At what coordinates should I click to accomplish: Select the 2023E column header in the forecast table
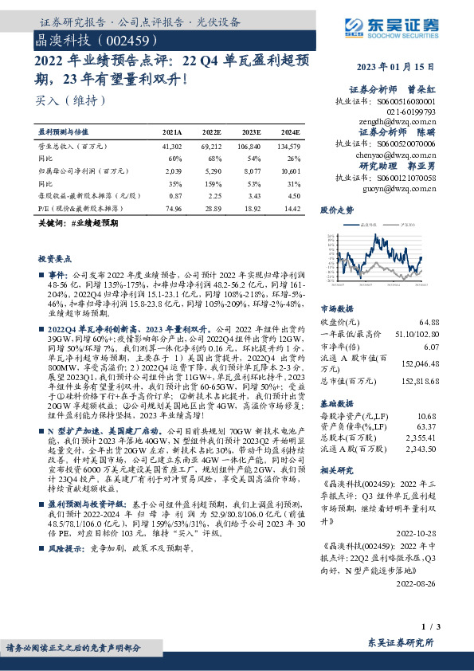251,132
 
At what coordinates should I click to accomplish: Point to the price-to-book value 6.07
429,347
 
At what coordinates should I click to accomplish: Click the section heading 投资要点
54,260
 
